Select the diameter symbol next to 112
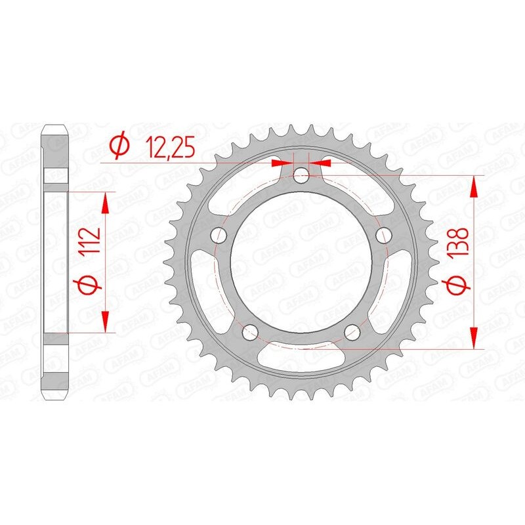91,284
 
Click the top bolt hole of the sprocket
301,175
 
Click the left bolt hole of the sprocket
219,234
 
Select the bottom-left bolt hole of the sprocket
250,332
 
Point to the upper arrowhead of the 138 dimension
474,187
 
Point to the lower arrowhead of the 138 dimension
474,337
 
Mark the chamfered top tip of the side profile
56,127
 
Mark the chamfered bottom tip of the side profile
56,396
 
